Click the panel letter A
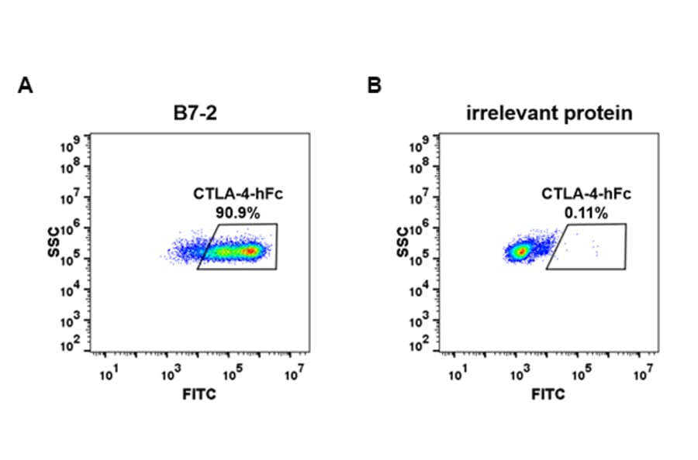click(25, 86)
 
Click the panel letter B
click(374, 86)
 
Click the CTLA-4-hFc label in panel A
click(233, 194)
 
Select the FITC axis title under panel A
click(199, 395)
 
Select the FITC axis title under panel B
click(548, 395)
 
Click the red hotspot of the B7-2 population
click(251, 251)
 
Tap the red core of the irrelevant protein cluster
click(522, 251)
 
